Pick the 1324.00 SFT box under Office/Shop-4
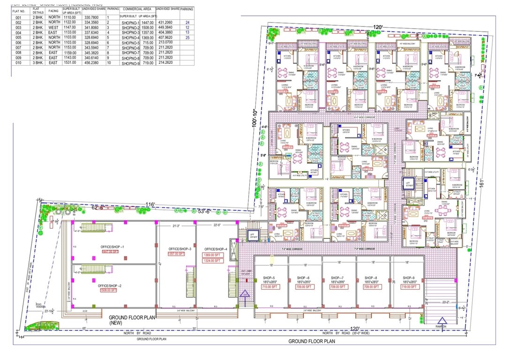click(x=212, y=261)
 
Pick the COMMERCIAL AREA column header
click(x=137, y=9)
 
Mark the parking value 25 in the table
click(x=188, y=37)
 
